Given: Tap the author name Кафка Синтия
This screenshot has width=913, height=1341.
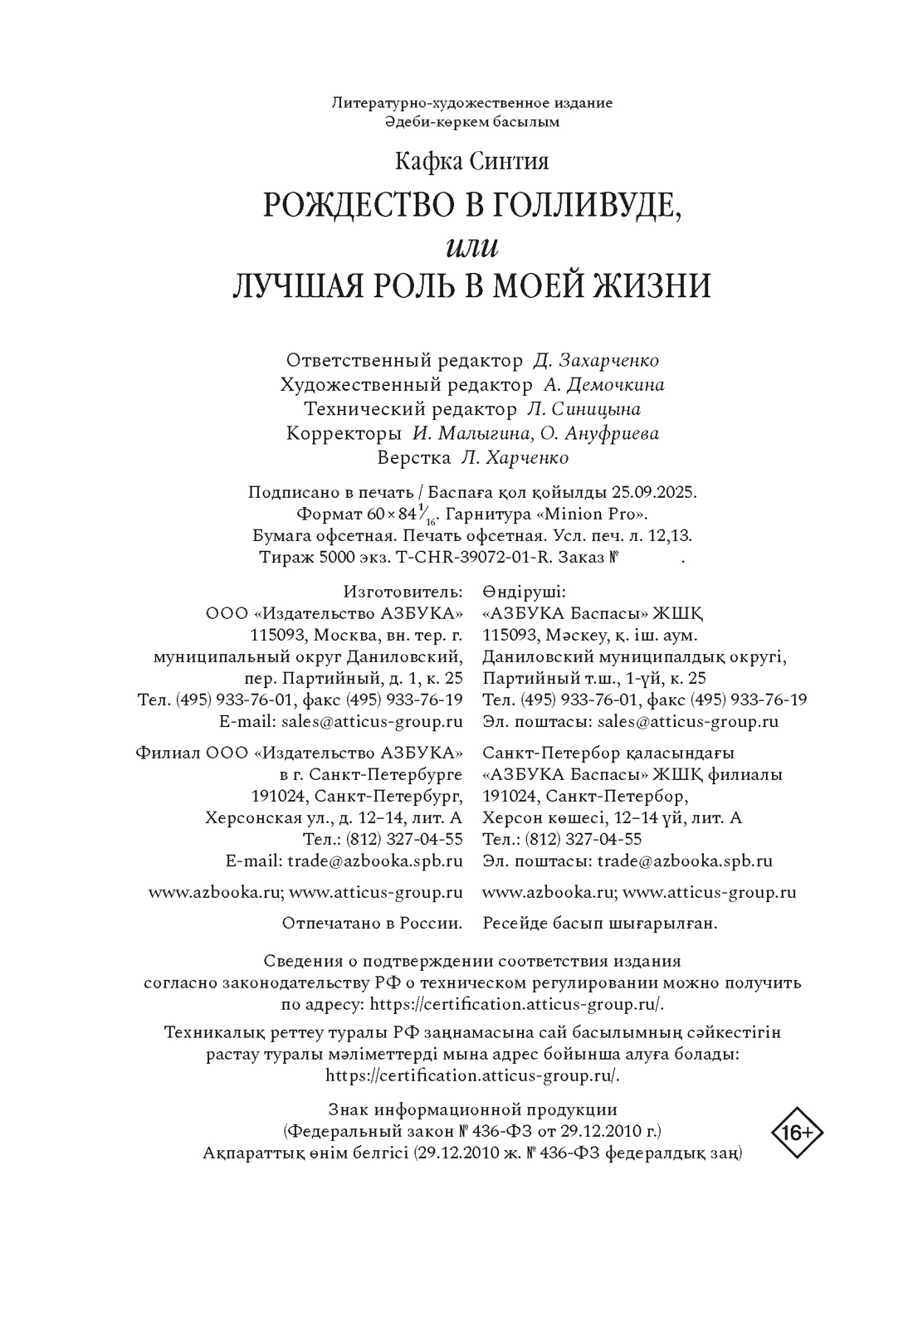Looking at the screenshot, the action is pyautogui.click(x=471, y=160).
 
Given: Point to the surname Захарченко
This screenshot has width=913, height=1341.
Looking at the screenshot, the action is pyautogui.click(x=609, y=361).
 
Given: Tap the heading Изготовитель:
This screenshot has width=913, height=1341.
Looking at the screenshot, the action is pyautogui.click(x=403, y=592).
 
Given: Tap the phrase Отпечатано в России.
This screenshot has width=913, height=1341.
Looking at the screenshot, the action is pyautogui.click(x=372, y=923).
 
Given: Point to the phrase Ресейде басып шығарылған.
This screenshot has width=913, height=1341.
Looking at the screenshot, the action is pyautogui.click(x=599, y=923).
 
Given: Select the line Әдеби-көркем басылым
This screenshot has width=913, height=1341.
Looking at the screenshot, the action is pyautogui.click(x=471, y=122).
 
